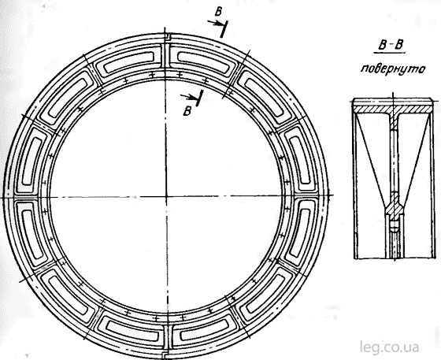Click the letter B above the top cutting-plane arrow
pyautogui.click(x=218, y=12)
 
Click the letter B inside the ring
pyautogui.click(x=187, y=111)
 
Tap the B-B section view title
pyautogui.click(x=390, y=46)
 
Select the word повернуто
pyautogui.click(x=393, y=69)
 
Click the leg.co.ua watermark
pyautogui.click(x=390, y=347)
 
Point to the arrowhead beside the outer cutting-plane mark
pyautogui.click(x=217, y=24)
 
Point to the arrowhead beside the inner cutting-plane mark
pyautogui.click(x=191, y=98)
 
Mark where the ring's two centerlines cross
pyautogui.click(x=166, y=196)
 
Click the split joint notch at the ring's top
pyautogui.click(x=166, y=37)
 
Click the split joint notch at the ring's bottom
pyautogui.click(x=166, y=355)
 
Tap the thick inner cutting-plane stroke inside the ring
pyautogui.click(x=199, y=98)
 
